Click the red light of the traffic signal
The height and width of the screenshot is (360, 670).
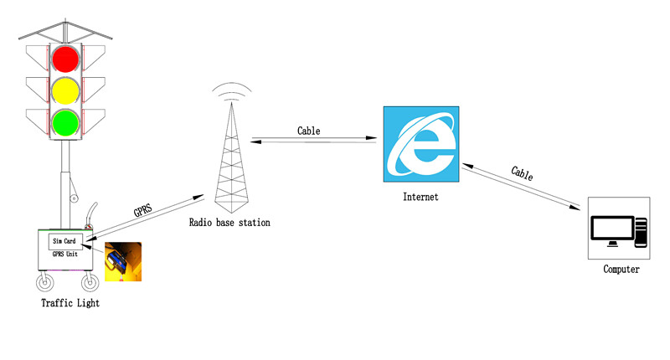coord(65,59)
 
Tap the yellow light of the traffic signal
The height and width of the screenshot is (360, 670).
coord(65,91)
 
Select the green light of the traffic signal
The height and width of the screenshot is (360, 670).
coord(65,123)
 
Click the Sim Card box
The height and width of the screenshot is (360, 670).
coord(65,241)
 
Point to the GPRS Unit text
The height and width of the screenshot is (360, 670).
coord(65,254)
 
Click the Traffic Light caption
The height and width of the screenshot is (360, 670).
coord(70,303)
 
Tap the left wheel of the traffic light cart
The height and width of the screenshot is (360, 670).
coord(45,283)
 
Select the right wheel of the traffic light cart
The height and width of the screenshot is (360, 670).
coord(90,283)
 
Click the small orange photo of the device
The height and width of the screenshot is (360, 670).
coord(123,262)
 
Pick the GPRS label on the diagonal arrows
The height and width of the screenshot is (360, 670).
coord(142,210)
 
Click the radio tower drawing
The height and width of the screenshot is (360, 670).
coord(231,157)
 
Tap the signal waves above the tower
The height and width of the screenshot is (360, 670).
coord(232,90)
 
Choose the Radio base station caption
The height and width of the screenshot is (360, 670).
coord(229,223)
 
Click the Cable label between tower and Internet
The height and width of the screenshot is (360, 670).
coord(308,131)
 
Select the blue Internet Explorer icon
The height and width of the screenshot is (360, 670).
coord(421,144)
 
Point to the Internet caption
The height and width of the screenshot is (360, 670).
coord(420,197)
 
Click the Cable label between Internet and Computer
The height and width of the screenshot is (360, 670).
coord(522,173)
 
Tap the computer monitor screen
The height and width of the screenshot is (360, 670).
coord(612,228)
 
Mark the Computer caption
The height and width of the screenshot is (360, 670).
coord(621,269)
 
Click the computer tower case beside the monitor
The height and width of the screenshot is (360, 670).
coord(641,232)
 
